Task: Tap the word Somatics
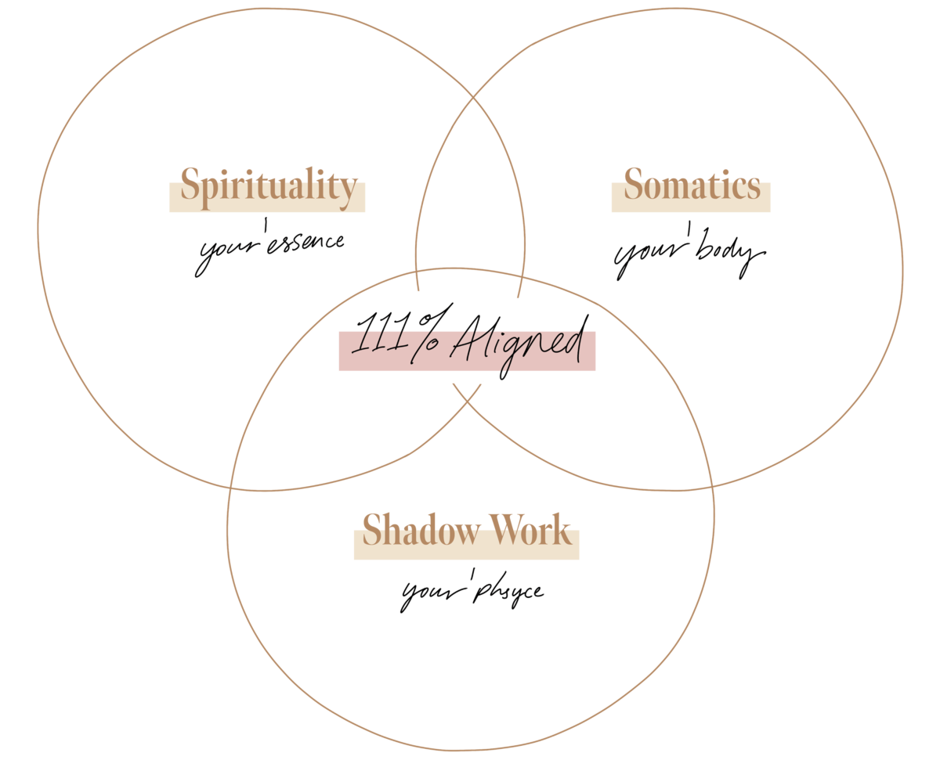[692, 186]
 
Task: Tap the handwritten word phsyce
[509, 592]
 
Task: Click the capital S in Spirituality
[190, 186]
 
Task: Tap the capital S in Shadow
[372, 531]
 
